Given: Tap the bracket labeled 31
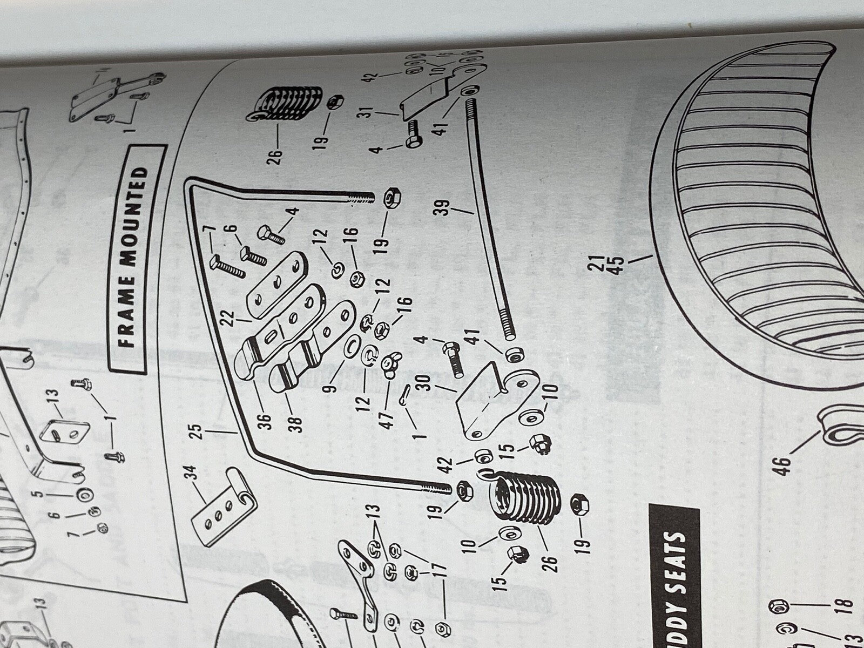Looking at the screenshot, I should tap(427, 97).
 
